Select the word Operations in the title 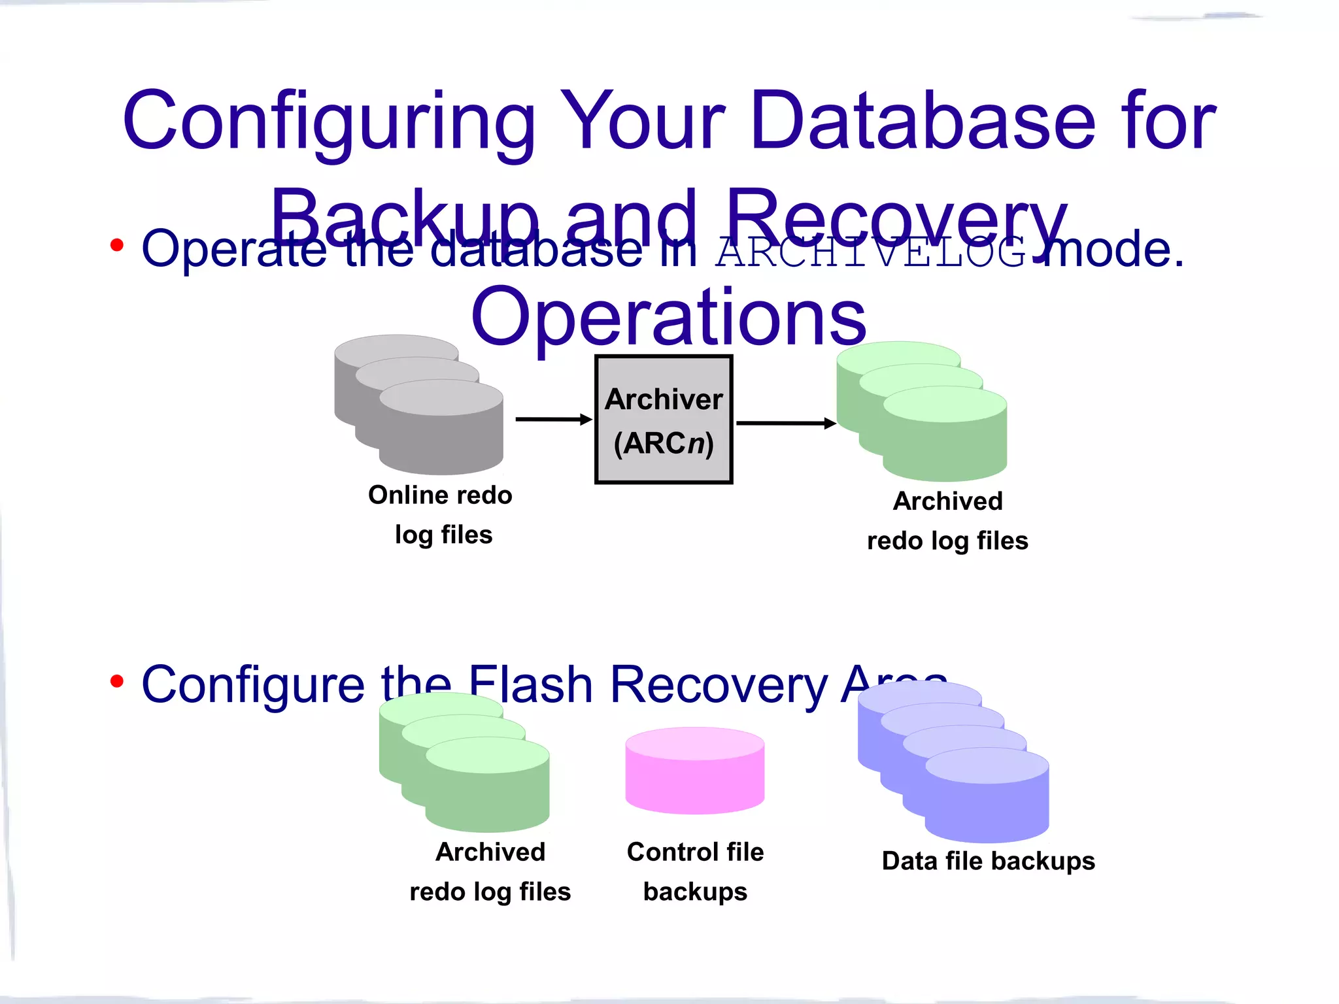click(668, 318)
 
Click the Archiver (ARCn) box click(663, 420)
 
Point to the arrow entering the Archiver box click(553, 420)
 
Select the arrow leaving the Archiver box click(785, 424)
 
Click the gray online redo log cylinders click(419, 405)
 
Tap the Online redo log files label click(441, 514)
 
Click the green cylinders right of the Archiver click(922, 412)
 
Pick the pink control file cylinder click(694, 771)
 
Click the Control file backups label click(695, 871)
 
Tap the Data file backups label click(988, 861)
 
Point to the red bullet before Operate click(117, 246)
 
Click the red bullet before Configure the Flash click(117, 682)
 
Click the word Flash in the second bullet click(531, 685)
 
